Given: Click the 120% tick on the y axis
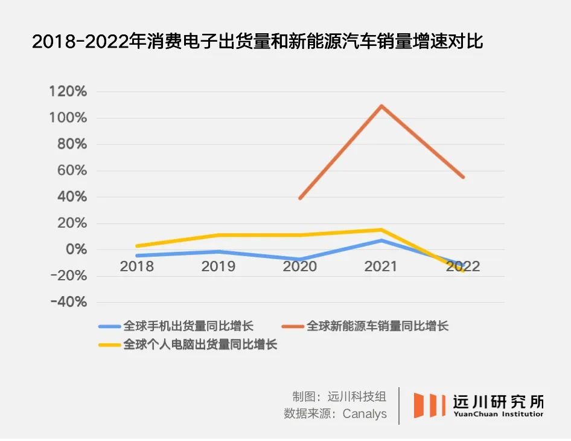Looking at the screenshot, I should point(68,92).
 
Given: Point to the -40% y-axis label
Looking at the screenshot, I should point(68,302).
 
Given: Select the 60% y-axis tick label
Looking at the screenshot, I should point(71,171).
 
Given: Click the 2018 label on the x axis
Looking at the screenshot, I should point(136,266).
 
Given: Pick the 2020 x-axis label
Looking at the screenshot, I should point(300,266).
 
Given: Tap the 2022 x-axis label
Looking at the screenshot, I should point(463,266).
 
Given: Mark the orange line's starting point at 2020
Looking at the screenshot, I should point(300,198).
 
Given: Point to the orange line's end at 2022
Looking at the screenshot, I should point(463,177).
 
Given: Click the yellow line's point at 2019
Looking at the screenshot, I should point(219,235).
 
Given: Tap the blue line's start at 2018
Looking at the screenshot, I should point(137,256).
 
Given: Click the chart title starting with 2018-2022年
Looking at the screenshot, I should point(258,42).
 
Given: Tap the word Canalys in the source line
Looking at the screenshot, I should point(365,414).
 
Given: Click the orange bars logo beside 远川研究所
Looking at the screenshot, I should point(429,405).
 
